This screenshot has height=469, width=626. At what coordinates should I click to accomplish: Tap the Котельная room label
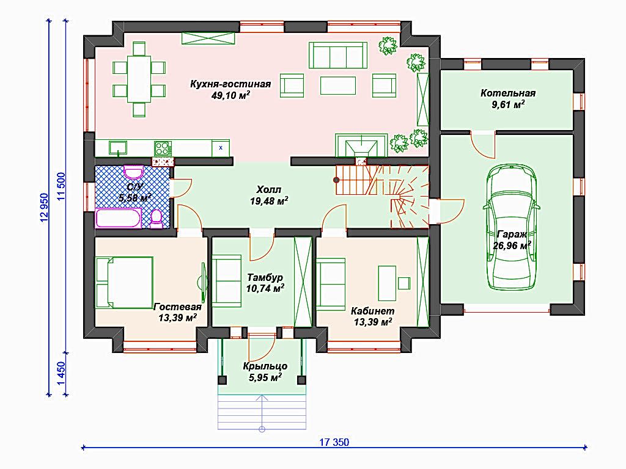(508, 93)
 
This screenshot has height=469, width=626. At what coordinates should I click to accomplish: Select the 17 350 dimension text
(334, 442)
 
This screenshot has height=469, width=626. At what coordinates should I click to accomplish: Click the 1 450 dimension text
(61, 374)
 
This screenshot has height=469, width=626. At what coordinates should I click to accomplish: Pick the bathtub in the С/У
(118, 218)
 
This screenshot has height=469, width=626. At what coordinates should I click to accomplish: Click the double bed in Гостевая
(124, 282)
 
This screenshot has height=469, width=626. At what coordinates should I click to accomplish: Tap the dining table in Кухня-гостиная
(139, 79)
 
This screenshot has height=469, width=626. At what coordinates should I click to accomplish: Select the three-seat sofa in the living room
(337, 56)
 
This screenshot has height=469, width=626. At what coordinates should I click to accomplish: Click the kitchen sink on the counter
(118, 148)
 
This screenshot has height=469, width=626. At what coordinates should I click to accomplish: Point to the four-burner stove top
(163, 148)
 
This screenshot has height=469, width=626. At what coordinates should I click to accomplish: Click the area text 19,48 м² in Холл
(269, 201)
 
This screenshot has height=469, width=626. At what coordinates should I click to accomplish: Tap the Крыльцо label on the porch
(265, 366)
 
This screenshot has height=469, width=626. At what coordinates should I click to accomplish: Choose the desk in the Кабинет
(387, 283)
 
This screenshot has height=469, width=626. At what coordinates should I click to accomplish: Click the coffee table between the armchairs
(337, 85)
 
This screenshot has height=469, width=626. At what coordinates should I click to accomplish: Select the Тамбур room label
(265, 278)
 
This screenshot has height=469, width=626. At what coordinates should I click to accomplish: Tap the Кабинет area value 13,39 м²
(373, 321)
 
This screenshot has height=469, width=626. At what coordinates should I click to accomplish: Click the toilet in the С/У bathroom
(156, 219)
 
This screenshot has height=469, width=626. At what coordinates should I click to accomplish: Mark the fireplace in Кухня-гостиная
(361, 145)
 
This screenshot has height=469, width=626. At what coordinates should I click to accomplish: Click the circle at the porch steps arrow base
(262, 429)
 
